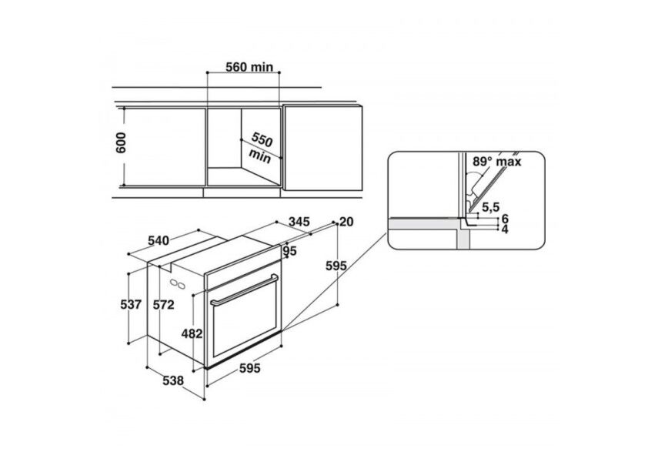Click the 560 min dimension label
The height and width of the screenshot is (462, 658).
(249, 67)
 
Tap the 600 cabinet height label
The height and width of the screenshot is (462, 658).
(120, 142)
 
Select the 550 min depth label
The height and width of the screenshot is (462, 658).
(261, 147)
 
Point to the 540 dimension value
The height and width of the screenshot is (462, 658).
(159, 241)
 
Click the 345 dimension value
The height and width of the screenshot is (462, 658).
(299, 221)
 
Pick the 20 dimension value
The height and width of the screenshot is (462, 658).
(346, 222)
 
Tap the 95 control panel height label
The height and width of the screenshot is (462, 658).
(289, 251)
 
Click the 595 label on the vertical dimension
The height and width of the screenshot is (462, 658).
(336, 266)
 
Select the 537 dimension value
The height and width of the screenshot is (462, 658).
(131, 304)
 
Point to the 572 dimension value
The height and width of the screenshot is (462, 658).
(163, 304)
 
